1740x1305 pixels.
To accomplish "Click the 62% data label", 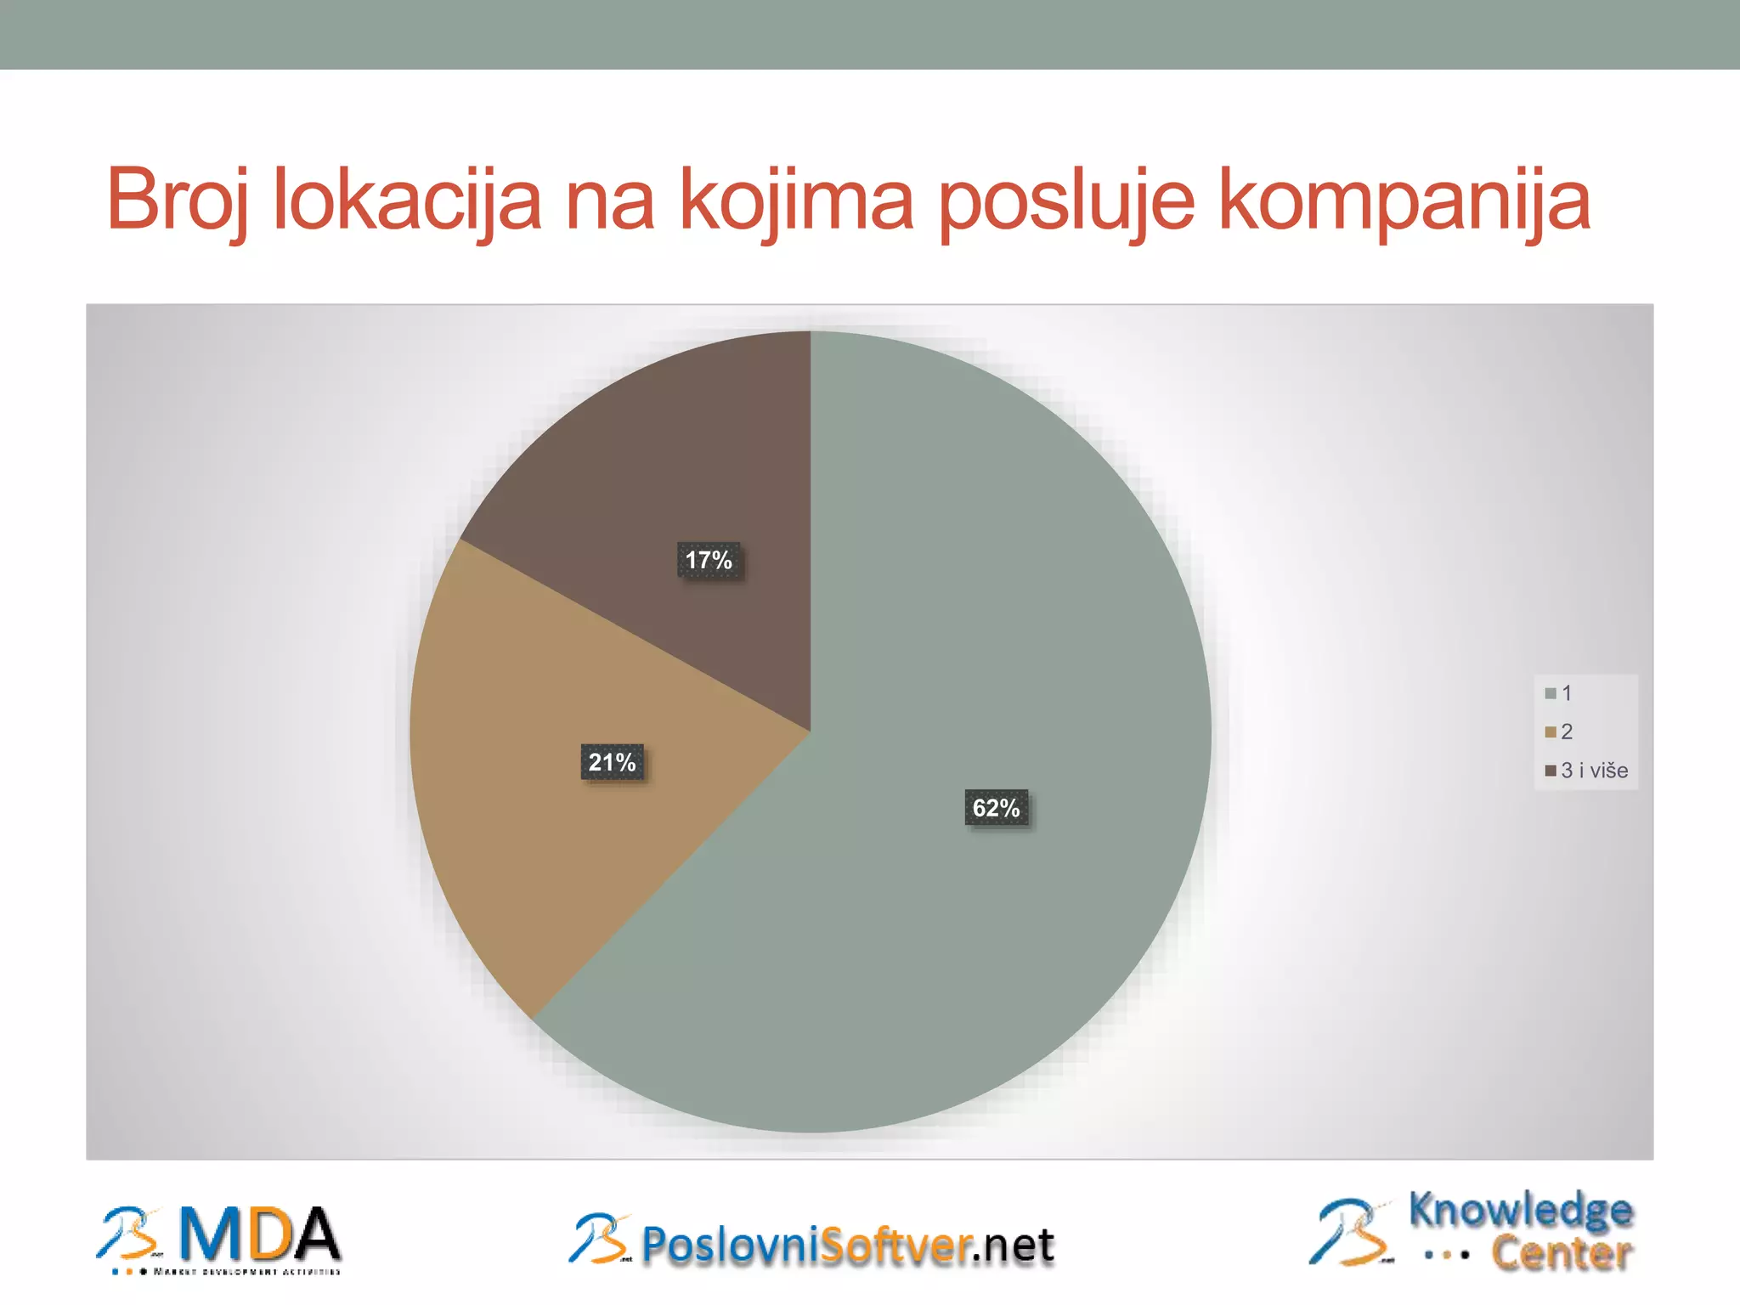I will pos(996,807).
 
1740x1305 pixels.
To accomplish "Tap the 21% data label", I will pos(612,762).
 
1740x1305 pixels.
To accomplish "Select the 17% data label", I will pos(709,560).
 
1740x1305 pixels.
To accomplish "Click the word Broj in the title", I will pos(177,201).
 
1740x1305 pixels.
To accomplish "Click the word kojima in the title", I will pos(796,201).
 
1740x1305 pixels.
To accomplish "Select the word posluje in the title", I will pos(1066,201).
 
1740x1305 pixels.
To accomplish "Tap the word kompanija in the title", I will pos(1404,201).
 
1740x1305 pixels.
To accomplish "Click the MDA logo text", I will pos(259,1236).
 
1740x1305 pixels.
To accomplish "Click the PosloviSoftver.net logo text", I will pos(847,1246).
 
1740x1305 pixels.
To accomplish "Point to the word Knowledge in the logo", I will pos(1520,1210).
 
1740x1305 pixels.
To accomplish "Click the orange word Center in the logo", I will pos(1562,1253).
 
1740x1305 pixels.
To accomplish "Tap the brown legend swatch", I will pos(1551,771).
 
